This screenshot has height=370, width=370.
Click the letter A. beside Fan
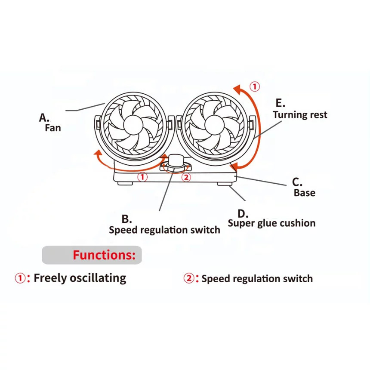[44, 117]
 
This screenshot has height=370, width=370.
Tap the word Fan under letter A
[53, 128]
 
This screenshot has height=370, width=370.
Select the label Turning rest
[300, 115]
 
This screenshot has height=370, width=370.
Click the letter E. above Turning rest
[281, 103]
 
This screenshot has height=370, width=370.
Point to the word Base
[305, 193]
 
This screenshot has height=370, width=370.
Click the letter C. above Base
[297, 182]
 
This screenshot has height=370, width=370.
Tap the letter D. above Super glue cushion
[243, 213]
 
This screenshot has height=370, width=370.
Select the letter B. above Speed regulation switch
[127, 219]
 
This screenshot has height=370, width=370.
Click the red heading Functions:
[104, 255]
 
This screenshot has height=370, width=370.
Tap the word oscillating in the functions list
[98, 278]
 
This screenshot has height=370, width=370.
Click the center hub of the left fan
[133, 125]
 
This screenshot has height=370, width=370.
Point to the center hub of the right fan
[214, 125]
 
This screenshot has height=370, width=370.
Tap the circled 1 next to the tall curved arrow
[255, 86]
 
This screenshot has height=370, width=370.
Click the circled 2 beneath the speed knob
[186, 177]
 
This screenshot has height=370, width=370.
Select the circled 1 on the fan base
[142, 177]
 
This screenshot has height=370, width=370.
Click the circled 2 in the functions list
[189, 278]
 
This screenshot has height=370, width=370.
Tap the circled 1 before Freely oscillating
[20, 278]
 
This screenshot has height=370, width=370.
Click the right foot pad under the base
[224, 184]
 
